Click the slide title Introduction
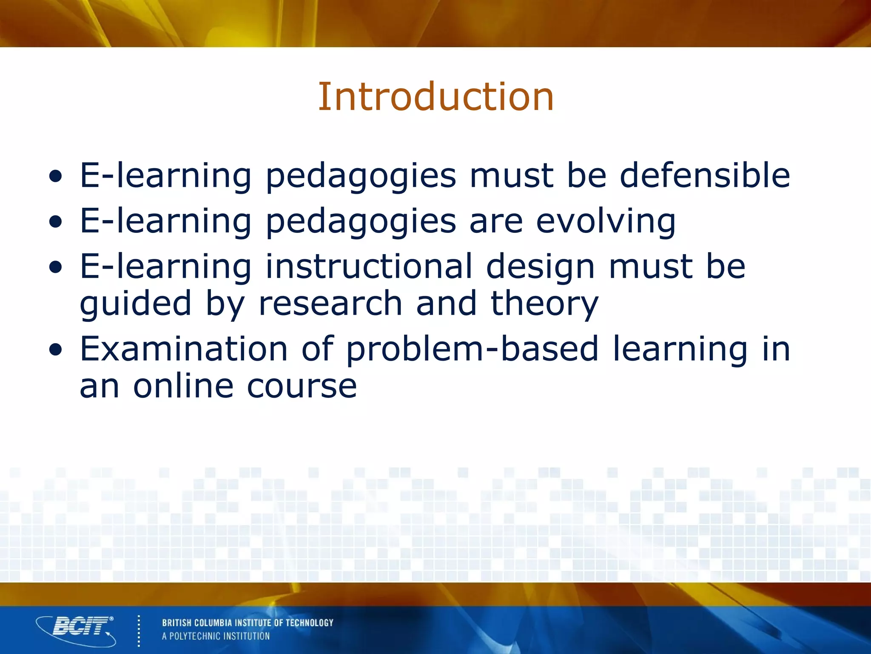pyautogui.click(x=436, y=97)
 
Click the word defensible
pyautogui.click(x=705, y=175)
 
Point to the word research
pyautogui.click(x=330, y=303)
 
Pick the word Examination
pyautogui.click(x=184, y=349)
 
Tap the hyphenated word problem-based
pyautogui.click(x=473, y=350)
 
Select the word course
pyautogui.click(x=302, y=387)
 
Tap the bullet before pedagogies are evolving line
pyautogui.click(x=55, y=222)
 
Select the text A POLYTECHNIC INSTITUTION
pyautogui.click(x=216, y=636)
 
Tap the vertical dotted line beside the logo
pyautogui.click(x=139, y=631)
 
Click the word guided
pyautogui.click(x=135, y=304)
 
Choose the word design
pyautogui.click(x=540, y=267)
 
